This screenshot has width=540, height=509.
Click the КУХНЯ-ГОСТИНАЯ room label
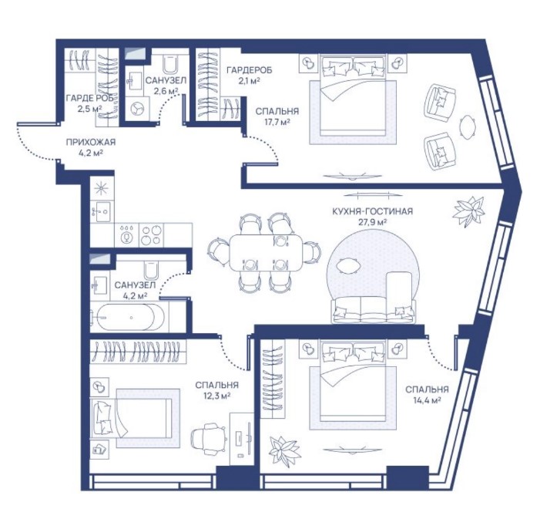tap(372, 211)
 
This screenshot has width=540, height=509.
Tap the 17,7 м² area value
tap(277, 122)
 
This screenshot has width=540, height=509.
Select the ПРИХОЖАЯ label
tap(91, 142)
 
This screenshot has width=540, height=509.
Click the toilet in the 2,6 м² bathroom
tap(170, 64)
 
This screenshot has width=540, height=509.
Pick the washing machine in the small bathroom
tap(137, 108)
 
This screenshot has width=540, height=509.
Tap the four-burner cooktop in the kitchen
tap(152, 235)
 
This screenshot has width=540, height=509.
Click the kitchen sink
tap(101, 211)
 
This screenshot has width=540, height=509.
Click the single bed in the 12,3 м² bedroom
tap(131, 417)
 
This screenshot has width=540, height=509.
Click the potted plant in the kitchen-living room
tap(468, 211)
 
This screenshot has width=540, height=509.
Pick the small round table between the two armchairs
tap(467, 127)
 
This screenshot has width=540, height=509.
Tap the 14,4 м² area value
tap(427, 400)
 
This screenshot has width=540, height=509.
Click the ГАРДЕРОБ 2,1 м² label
tap(250, 75)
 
